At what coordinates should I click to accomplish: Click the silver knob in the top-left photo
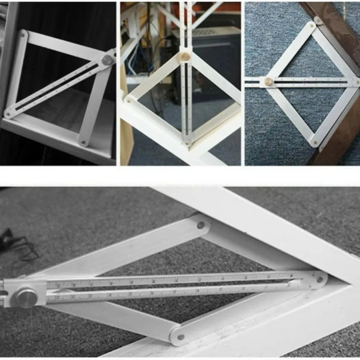(107, 60)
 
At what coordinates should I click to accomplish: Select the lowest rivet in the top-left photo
(84, 142)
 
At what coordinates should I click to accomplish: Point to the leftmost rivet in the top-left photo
(8, 114)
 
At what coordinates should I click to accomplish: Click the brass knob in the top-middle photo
(185, 57)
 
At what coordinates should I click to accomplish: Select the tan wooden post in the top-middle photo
(126, 137)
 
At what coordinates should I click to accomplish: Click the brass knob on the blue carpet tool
(269, 82)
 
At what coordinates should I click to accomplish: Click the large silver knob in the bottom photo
(26, 297)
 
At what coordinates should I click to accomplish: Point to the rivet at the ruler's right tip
(319, 280)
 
